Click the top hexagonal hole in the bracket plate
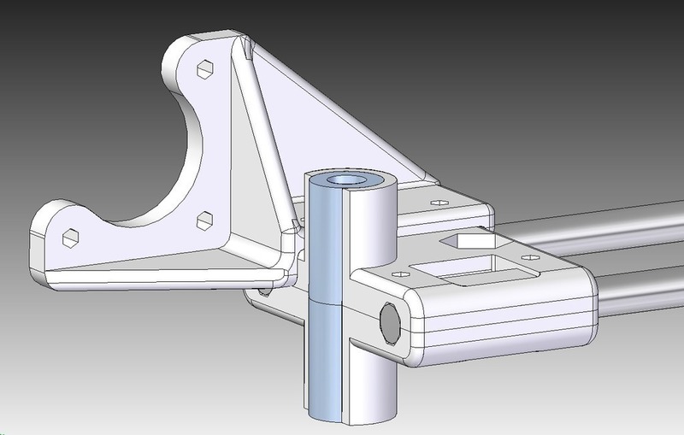pos(205,69)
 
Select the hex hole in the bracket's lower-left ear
pos(72,236)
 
